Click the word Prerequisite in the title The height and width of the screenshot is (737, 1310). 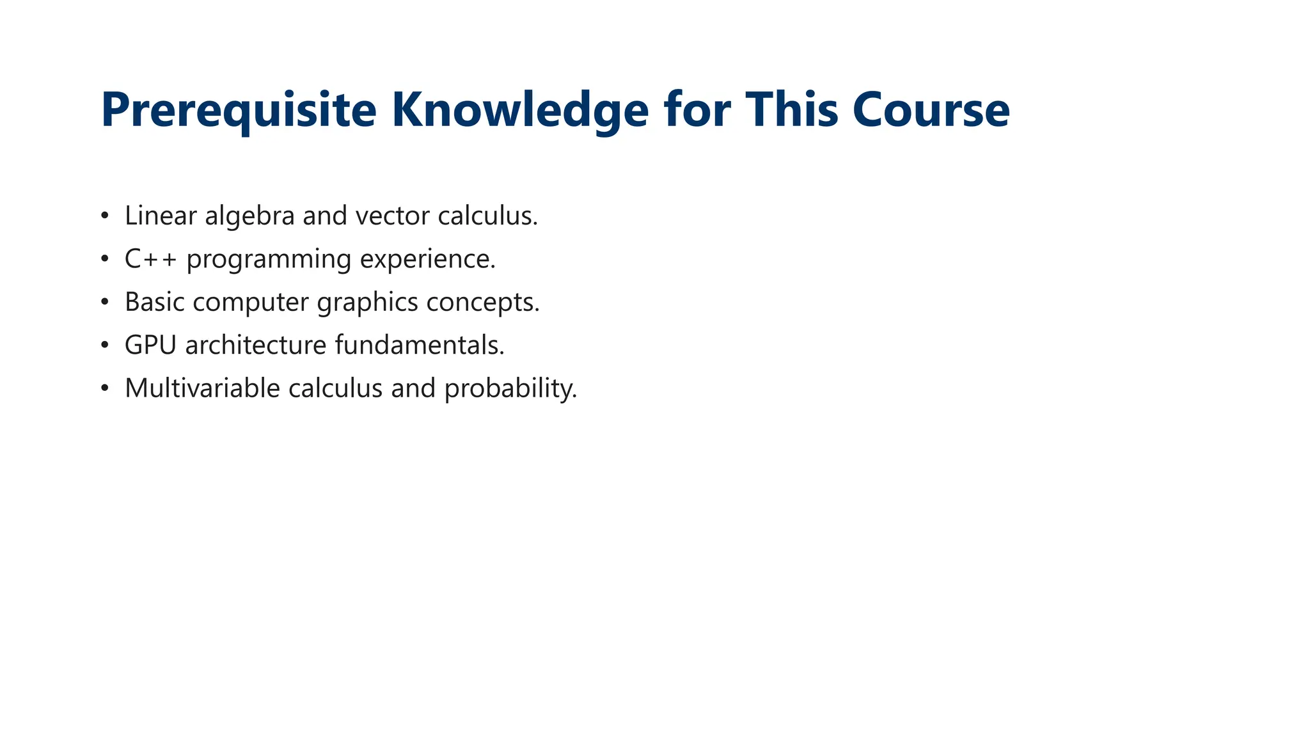click(x=239, y=110)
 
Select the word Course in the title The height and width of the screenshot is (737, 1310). click(x=931, y=110)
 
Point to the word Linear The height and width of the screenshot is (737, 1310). click(x=161, y=216)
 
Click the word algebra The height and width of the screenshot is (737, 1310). click(x=249, y=216)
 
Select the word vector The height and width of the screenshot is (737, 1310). click(x=393, y=216)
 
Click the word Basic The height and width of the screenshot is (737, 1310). click(x=154, y=302)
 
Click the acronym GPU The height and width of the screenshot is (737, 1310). click(x=150, y=345)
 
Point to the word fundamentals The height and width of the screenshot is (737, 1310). click(x=419, y=345)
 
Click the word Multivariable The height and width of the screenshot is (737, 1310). click(x=202, y=388)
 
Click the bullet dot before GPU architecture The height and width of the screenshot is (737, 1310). click(x=105, y=345)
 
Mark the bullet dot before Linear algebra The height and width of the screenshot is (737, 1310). click(x=105, y=216)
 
